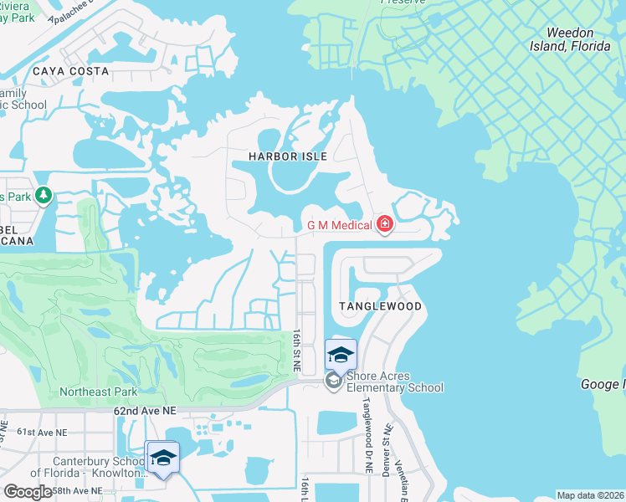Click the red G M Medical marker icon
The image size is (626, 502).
(x=385, y=224)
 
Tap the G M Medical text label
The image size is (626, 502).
(x=339, y=224)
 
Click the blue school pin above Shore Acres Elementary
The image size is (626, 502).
(x=341, y=356)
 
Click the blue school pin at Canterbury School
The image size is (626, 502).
(x=162, y=458)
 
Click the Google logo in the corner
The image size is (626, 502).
(x=27, y=491)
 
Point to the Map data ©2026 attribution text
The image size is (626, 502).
(x=590, y=495)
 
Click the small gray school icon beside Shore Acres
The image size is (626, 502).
(x=333, y=382)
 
